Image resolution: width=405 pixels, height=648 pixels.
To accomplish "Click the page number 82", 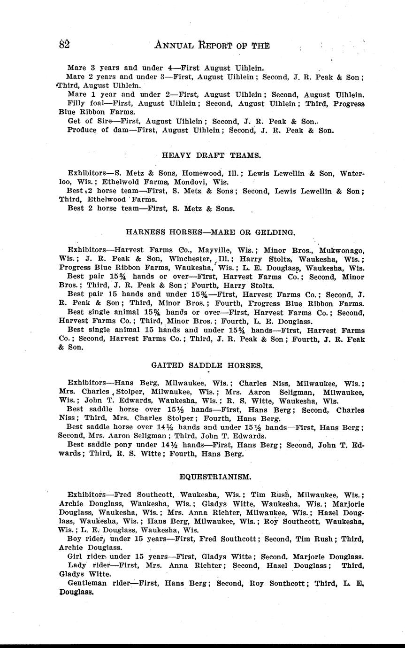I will (64, 45).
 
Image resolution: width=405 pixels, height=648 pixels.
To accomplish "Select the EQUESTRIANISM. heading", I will (215, 477).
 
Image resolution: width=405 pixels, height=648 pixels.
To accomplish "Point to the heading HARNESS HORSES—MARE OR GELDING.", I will (211, 232).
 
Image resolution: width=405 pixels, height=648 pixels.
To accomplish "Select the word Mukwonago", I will (342, 250).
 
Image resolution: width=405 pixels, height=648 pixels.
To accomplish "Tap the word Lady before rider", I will (77, 565).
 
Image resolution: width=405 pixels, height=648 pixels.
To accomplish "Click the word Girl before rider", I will (76, 556).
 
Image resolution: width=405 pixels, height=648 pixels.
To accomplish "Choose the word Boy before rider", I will (76, 539).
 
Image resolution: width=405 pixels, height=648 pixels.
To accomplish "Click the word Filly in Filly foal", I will (76, 103).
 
